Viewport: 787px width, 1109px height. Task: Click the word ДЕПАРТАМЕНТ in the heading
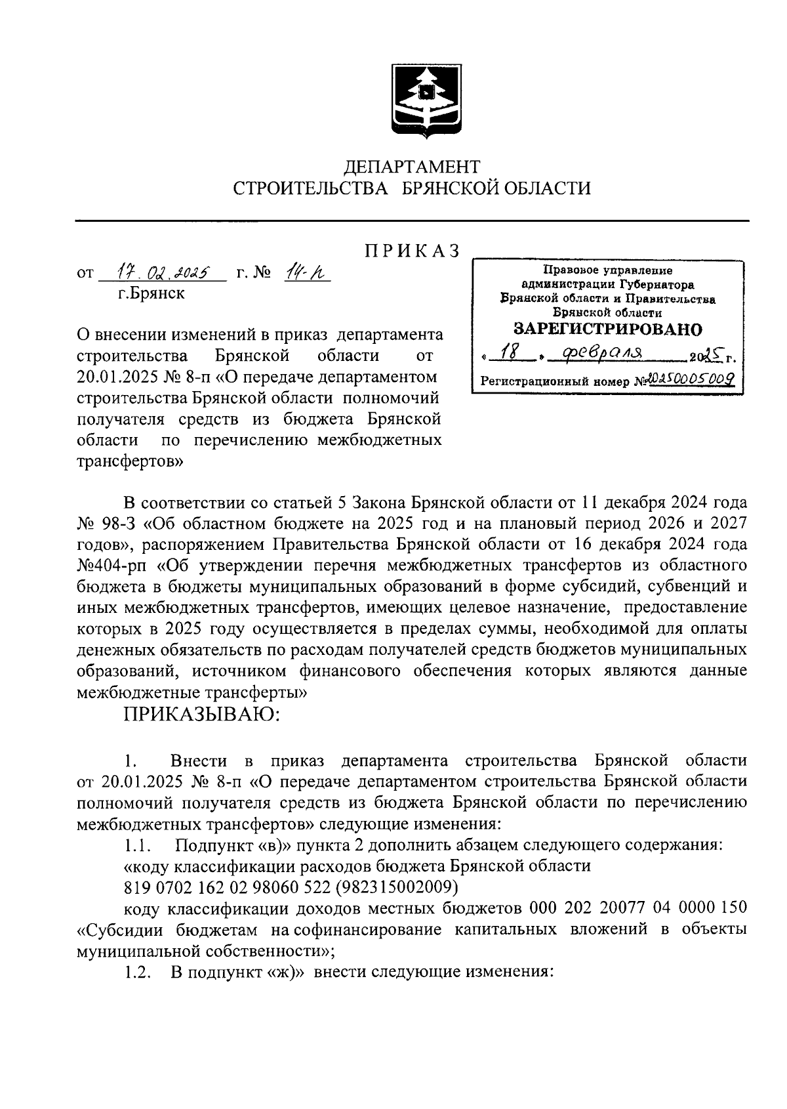click(413, 167)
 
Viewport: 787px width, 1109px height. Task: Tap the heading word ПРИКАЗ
click(413, 251)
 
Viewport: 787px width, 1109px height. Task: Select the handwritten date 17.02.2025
click(161, 272)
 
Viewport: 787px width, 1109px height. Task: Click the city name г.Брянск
click(151, 293)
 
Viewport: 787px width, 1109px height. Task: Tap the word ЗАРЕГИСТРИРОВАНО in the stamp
click(607, 329)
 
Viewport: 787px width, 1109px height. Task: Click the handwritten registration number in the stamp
click(689, 379)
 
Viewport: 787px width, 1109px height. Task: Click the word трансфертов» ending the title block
click(130, 461)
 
